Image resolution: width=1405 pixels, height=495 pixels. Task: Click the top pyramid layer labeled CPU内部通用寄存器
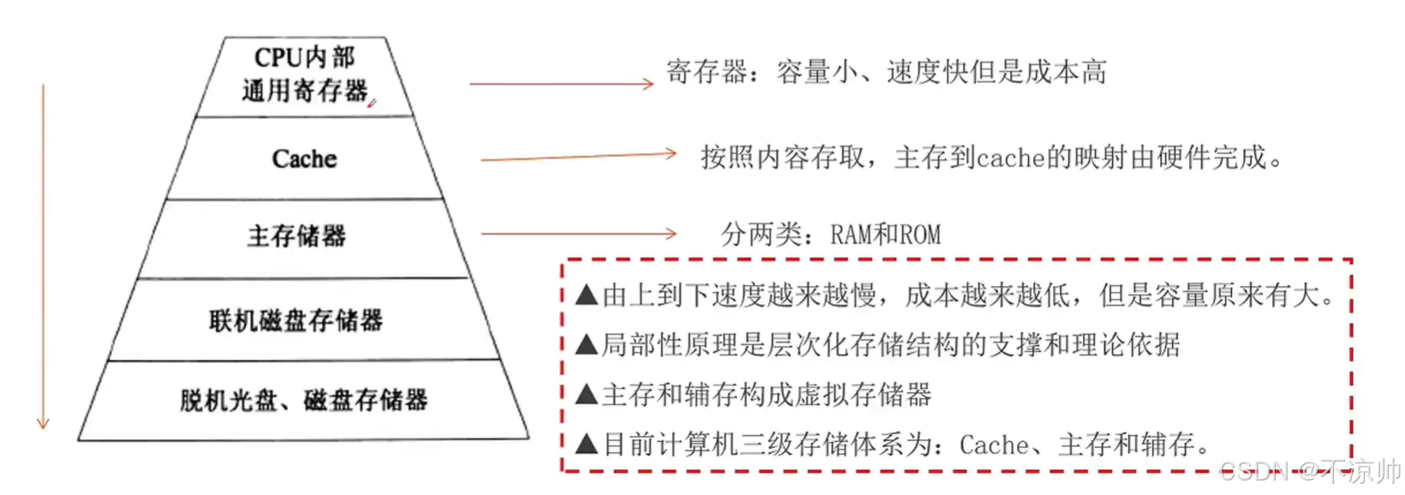pyautogui.click(x=304, y=75)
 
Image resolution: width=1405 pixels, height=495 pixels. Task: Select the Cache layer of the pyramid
pyautogui.click(x=304, y=158)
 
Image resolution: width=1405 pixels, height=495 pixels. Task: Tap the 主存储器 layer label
pyautogui.click(x=296, y=236)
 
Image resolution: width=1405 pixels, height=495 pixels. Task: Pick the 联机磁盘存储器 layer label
pyautogui.click(x=296, y=320)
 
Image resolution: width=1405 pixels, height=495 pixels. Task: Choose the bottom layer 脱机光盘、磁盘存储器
pyautogui.click(x=303, y=399)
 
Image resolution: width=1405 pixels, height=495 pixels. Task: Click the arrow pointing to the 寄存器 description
pyautogui.click(x=561, y=84)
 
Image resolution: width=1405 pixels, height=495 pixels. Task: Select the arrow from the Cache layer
pyautogui.click(x=578, y=157)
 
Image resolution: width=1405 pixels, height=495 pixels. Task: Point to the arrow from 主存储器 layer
pyautogui.click(x=578, y=233)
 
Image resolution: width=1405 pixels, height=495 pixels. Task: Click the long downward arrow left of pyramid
pyautogui.click(x=43, y=257)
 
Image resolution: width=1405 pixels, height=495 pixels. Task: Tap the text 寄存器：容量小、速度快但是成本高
pyautogui.click(x=886, y=72)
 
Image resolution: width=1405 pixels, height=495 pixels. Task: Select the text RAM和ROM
pyautogui.click(x=886, y=235)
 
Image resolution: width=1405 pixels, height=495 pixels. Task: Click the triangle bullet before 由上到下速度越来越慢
pyautogui.click(x=587, y=296)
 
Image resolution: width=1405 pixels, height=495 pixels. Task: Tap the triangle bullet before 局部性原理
pyautogui.click(x=587, y=345)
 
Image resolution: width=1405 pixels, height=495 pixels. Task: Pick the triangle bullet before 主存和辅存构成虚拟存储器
pyautogui.click(x=587, y=395)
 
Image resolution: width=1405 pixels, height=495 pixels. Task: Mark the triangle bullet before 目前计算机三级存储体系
pyautogui.click(x=587, y=444)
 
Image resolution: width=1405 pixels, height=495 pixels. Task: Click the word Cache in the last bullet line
pyautogui.click(x=994, y=445)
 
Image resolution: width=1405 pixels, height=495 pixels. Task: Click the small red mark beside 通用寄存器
pyautogui.click(x=372, y=104)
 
